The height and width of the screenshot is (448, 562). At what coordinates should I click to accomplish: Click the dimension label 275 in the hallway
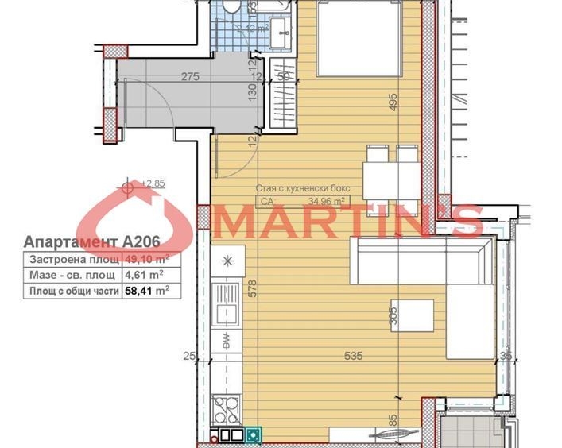(189, 77)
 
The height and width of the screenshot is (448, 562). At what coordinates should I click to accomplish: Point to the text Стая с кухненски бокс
(303, 189)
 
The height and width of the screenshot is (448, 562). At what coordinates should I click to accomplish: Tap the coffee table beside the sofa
(413, 315)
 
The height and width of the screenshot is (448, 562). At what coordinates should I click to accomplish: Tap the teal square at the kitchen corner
(254, 434)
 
